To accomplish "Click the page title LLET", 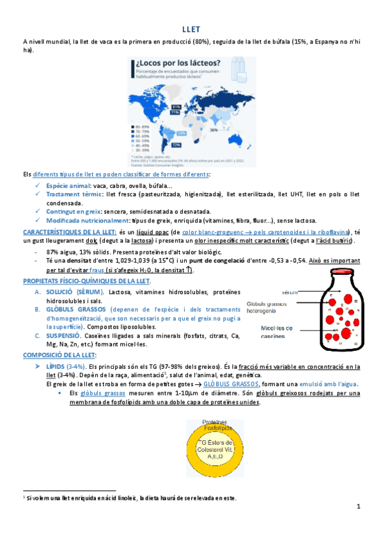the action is pyautogui.click(x=191, y=29).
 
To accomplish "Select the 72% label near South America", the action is pyautogui.click(x=175, y=145).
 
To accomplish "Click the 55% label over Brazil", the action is pyautogui.click(x=182, y=133).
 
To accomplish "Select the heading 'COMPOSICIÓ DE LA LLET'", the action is pyautogui.click(x=59, y=355).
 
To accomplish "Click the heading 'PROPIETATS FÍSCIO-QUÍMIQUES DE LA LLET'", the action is pyautogui.click(x=86, y=281).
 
